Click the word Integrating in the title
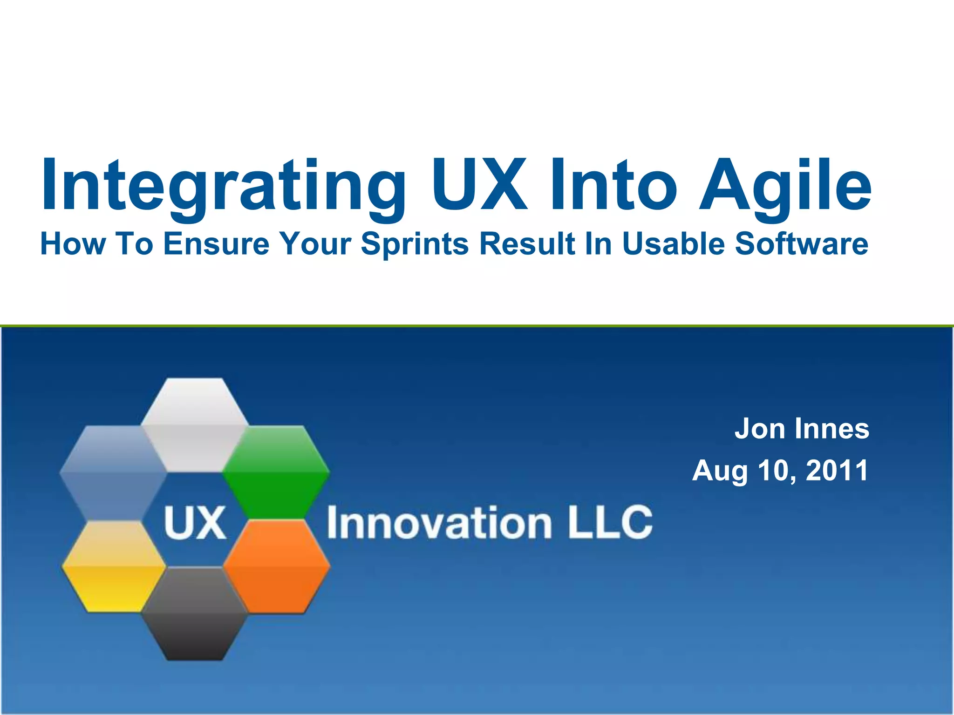[224, 186]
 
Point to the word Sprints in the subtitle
[415, 244]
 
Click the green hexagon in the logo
[276, 472]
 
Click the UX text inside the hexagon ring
[195, 523]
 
